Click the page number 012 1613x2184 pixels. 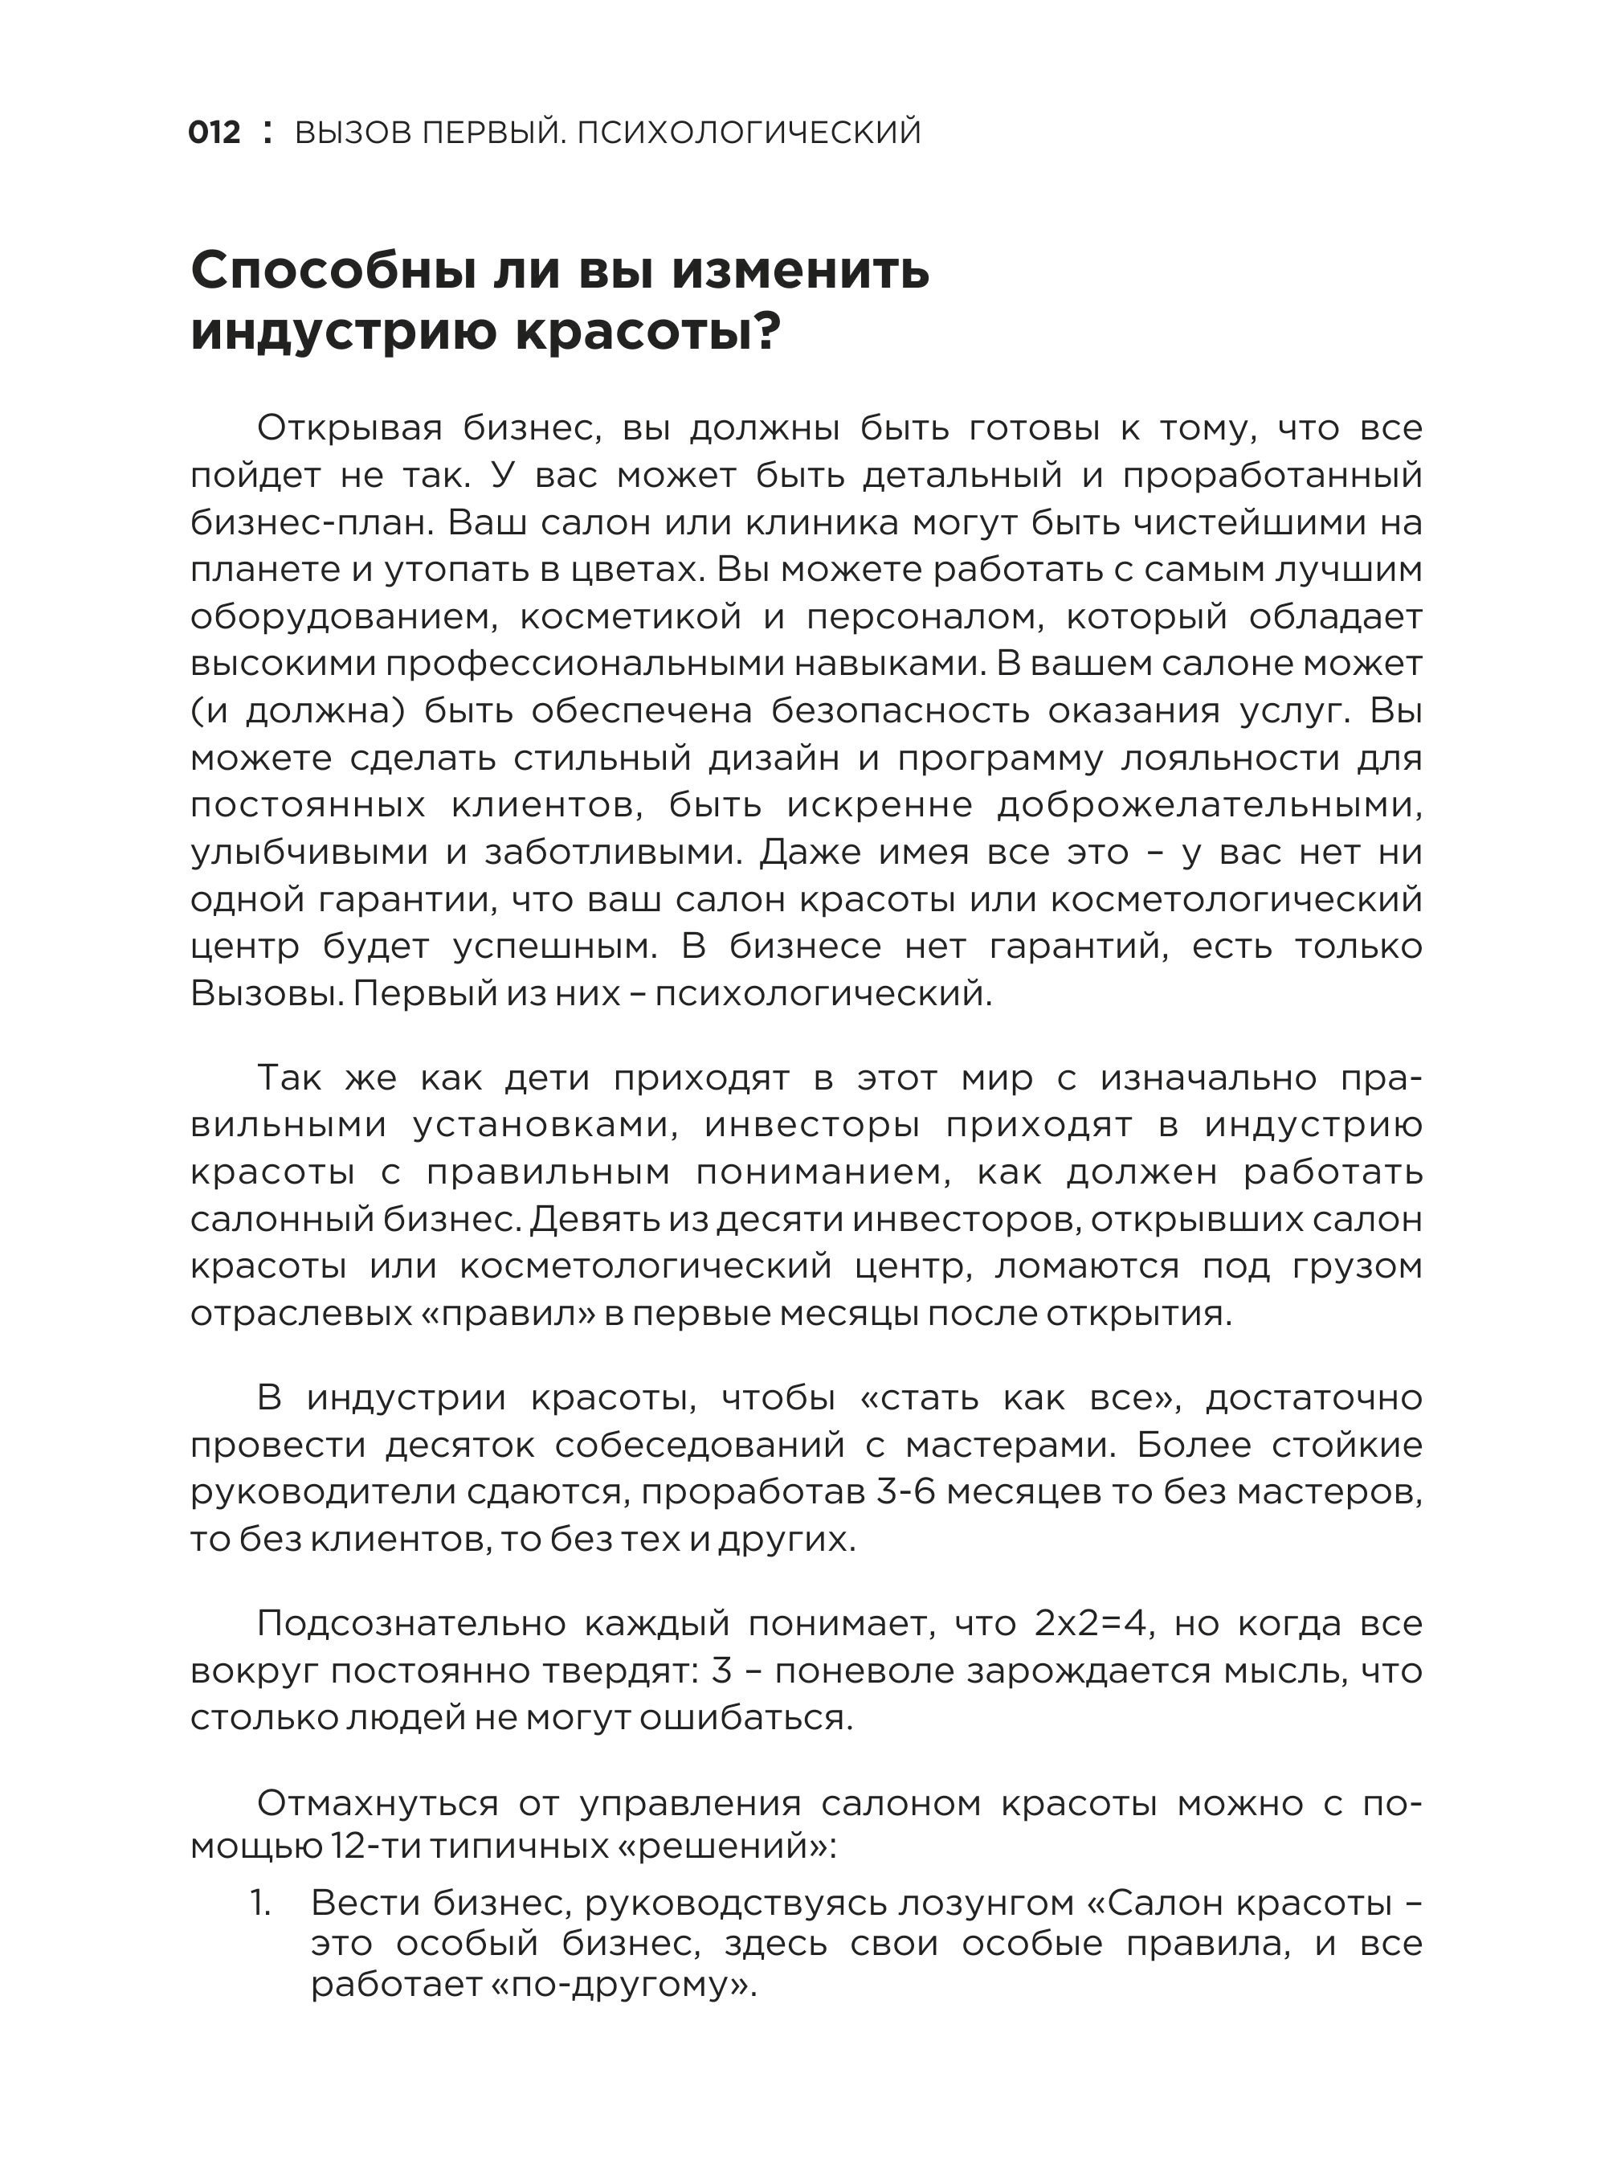[x=214, y=133]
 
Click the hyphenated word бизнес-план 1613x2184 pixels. [x=312, y=522]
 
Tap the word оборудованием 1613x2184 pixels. [x=344, y=616]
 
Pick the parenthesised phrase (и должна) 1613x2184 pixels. [x=298, y=711]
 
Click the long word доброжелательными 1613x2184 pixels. [x=1209, y=805]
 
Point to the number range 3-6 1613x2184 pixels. [x=917, y=1491]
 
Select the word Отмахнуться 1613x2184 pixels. [x=377, y=1803]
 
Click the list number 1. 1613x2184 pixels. [x=259, y=1904]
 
